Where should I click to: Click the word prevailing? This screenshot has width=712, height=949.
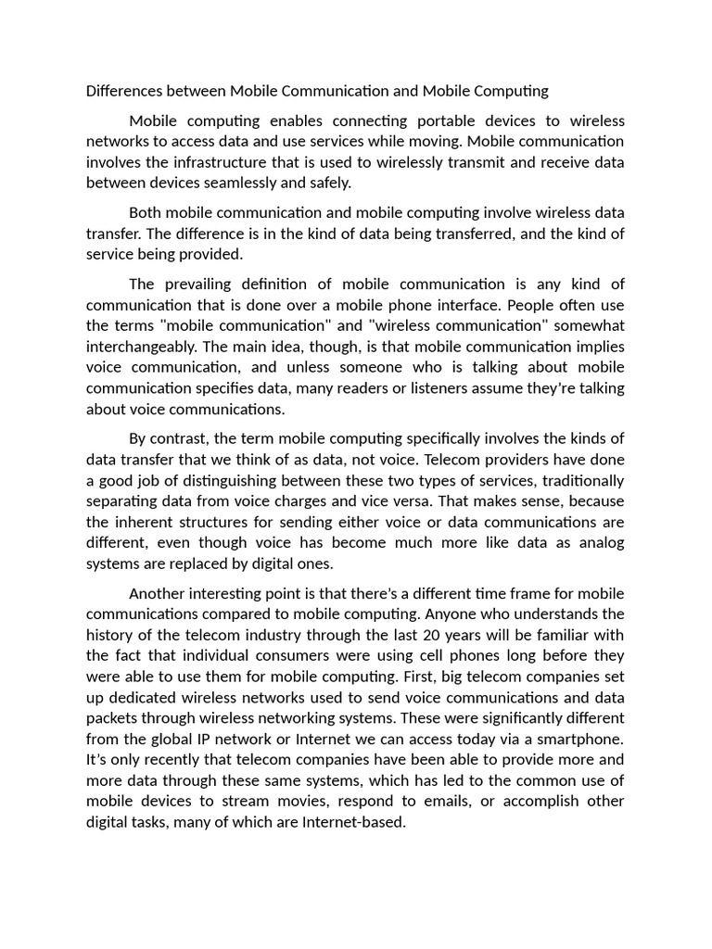point(211,284)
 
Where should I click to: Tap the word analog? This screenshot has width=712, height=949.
point(603,542)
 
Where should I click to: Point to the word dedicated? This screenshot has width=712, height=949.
point(145,697)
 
